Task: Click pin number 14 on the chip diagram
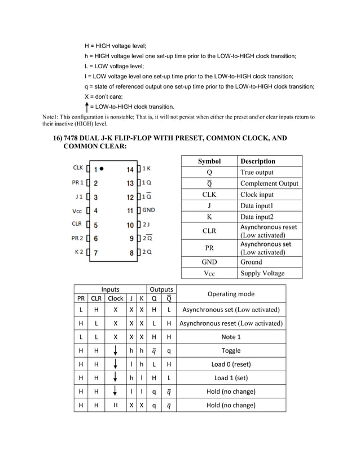(x=130, y=169)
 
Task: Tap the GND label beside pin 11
(x=149, y=210)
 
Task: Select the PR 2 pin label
(x=77, y=238)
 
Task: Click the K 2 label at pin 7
(x=79, y=252)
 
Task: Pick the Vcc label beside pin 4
(x=77, y=211)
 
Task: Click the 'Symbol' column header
(x=209, y=161)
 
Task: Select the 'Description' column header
(x=258, y=161)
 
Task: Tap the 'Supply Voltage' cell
(x=262, y=273)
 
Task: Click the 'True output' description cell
(x=257, y=172)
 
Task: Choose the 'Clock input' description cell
(x=257, y=195)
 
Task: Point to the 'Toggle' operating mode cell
(x=231, y=350)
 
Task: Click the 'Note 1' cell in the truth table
(x=231, y=337)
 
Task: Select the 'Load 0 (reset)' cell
(x=231, y=364)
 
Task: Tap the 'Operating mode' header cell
(x=231, y=294)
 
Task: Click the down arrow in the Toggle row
(x=115, y=350)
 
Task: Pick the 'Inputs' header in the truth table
(x=110, y=289)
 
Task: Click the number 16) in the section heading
(x=58, y=138)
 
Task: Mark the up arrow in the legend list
(x=87, y=106)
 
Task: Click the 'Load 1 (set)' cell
(x=231, y=378)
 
